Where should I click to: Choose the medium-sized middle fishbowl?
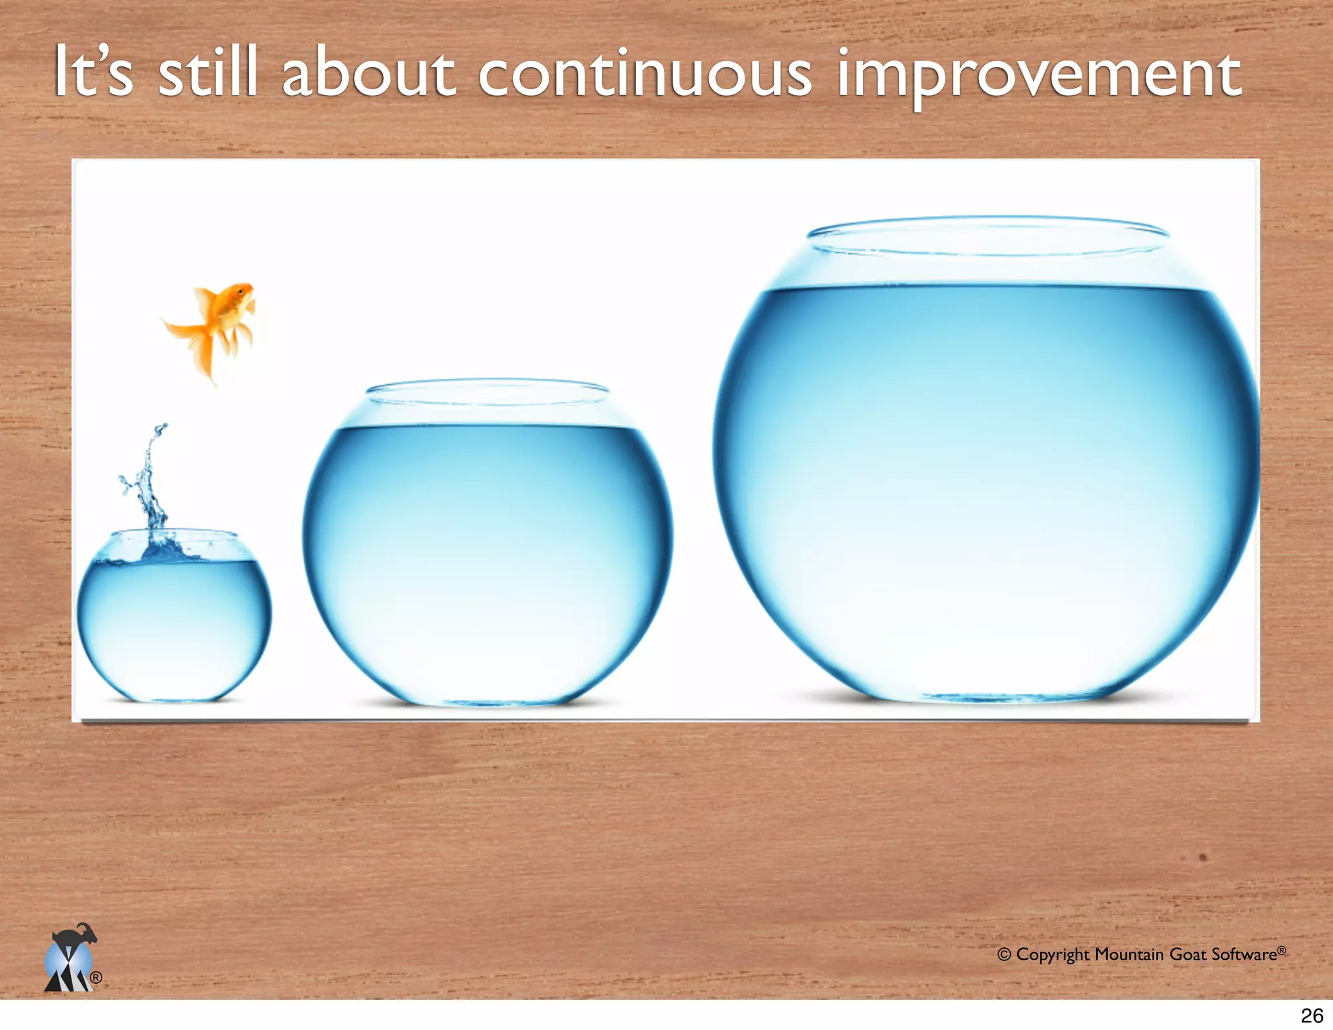[x=488, y=553]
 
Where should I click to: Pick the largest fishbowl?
[x=986, y=482]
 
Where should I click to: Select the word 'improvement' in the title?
[x=1039, y=76]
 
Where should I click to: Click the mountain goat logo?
[x=71, y=958]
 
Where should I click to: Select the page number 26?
[x=1312, y=1015]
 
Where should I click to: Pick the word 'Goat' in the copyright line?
[x=1188, y=954]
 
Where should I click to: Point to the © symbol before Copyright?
[x=1004, y=955]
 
